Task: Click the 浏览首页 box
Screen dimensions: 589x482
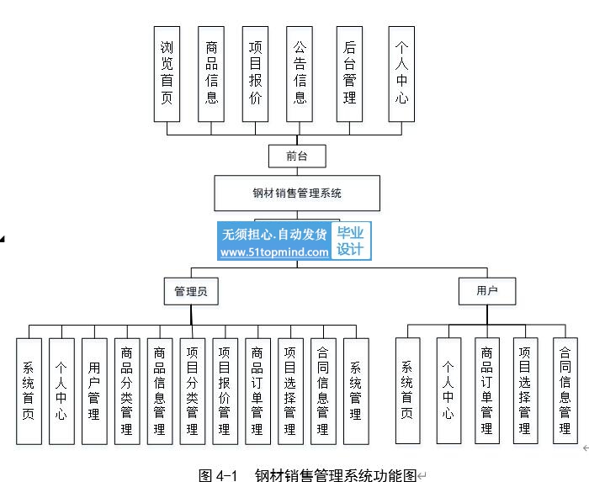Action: tap(167, 74)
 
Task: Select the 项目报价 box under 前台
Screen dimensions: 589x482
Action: tap(255, 74)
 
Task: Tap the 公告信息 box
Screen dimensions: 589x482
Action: tap(300, 74)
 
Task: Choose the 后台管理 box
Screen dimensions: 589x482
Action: tap(349, 74)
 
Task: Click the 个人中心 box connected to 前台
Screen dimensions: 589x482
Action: tap(401, 74)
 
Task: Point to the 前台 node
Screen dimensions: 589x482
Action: tap(297, 156)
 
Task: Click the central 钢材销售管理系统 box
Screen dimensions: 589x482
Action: tap(297, 193)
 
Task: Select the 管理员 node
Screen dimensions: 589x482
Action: tap(191, 291)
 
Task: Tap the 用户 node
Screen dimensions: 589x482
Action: tap(487, 291)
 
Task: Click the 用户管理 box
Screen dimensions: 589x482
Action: tap(94, 391)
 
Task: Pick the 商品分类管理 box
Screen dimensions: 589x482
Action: tap(127, 391)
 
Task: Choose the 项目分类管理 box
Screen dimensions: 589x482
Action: tap(193, 391)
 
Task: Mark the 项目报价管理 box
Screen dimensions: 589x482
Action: tap(225, 391)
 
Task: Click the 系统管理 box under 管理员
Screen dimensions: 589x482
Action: tap(356, 391)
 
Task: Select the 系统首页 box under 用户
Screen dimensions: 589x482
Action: tap(407, 390)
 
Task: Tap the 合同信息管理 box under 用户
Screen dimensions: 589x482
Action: tap(565, 390)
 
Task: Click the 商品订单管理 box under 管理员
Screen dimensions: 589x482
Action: tap(257, 391)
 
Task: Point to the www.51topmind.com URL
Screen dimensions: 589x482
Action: tap(274, 252)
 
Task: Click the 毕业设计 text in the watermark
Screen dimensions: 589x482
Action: tap(350, 241)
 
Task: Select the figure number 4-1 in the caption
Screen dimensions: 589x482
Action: tap(226, 475)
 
